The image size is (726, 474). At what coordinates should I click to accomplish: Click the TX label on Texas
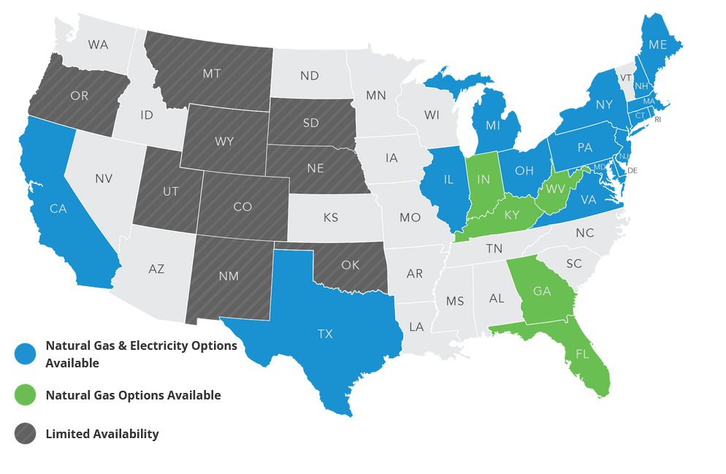point(325,334)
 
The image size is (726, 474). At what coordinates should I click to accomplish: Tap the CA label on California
point(58,209)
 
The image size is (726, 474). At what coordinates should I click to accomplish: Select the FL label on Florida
point(581,353)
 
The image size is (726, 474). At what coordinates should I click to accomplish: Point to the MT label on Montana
point(212,73)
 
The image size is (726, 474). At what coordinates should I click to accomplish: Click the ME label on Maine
point(657,45)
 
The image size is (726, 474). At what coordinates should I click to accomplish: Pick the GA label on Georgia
point(542,291)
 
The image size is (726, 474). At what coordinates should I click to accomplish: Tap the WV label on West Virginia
point(557,189)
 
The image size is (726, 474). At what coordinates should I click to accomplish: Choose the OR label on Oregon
point(80,95)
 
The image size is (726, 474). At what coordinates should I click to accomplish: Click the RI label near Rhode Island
point(657,119)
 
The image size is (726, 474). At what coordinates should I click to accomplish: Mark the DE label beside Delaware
point(633,170)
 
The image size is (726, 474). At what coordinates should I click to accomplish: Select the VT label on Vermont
point(626,77)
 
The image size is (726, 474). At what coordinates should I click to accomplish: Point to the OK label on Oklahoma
point(350,265)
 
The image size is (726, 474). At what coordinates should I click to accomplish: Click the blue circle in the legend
point(26,353)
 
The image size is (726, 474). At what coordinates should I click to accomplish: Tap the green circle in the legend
point(26,395)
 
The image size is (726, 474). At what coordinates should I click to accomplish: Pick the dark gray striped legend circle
point(26,434)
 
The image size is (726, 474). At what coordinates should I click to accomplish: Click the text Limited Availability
point(102,434)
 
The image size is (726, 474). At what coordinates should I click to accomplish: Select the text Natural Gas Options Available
point(133,395)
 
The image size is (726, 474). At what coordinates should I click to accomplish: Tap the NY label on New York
point(603,104)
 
